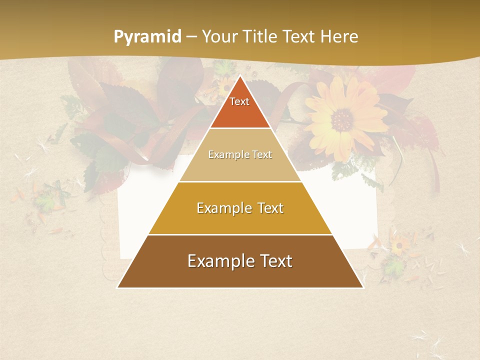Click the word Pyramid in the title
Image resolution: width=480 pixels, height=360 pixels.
tap(147, 37)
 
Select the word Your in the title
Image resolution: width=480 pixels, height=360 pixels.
tap(218, 37)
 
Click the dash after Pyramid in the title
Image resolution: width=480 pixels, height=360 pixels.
tap(191, 37)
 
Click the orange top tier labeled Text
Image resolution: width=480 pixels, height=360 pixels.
tap(240, 107)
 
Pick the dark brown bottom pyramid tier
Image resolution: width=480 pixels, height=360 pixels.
tap(240, 272)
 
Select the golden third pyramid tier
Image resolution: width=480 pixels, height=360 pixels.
tap(240, 220)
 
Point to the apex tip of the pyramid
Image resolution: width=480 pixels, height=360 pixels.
tap(240, 76)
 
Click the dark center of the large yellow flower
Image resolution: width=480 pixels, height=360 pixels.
tap(342, 119)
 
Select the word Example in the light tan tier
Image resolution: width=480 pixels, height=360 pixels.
tap(228, 154)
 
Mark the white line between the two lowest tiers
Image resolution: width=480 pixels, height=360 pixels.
tap(240, 234)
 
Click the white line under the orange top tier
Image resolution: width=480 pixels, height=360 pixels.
tap(240, 128)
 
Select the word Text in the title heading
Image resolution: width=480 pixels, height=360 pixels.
tap(299, 37)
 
